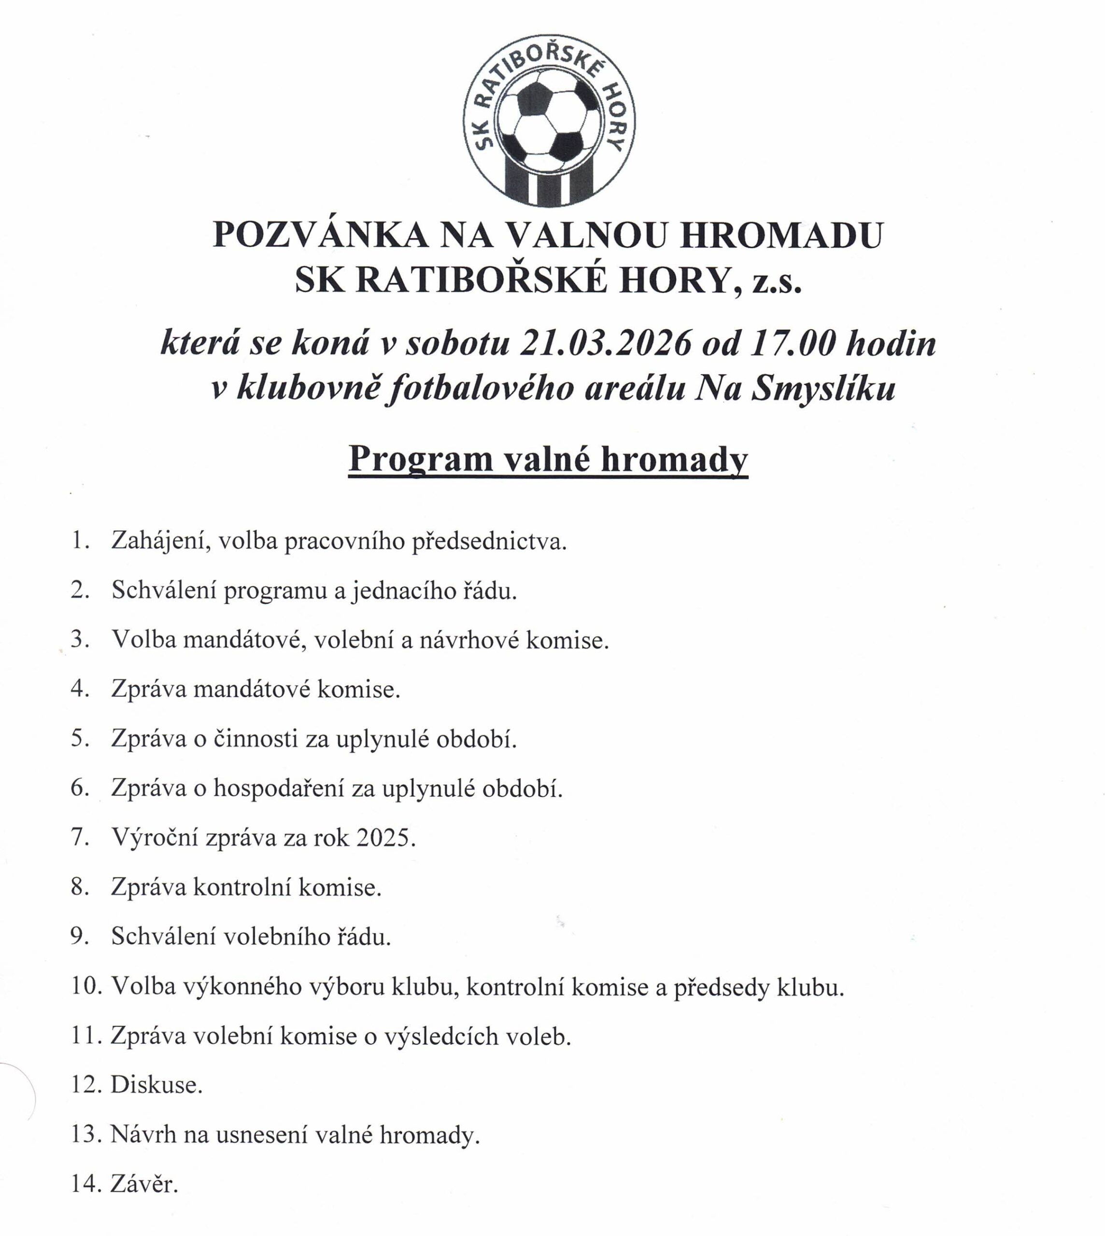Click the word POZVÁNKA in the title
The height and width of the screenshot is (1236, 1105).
tap(321, 235)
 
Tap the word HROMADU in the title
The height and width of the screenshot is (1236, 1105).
tap(781, 235)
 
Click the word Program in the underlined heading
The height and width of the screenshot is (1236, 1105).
tap(420, 459)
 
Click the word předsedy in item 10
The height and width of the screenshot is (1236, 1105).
tap(721, 987)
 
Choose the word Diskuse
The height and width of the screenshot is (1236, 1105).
tap(156, 1085)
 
